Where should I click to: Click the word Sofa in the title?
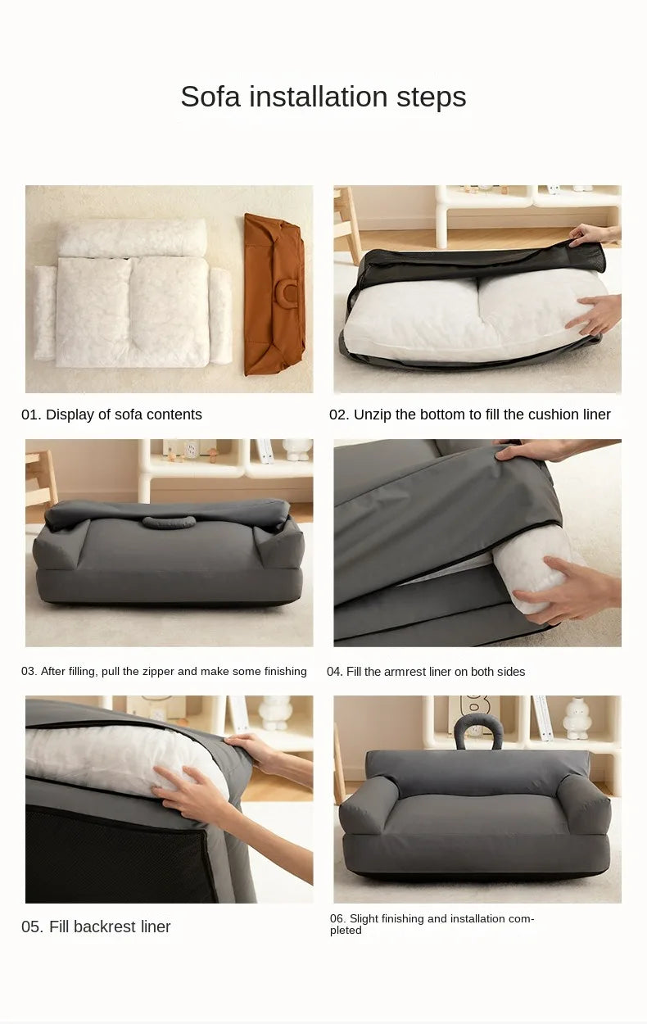[210, 97]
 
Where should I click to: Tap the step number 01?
[30, 415]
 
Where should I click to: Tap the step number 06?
[337, 919]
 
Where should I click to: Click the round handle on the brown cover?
[289, 291]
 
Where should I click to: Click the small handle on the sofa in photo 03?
[169, 522]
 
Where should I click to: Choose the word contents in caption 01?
[174, 415]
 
